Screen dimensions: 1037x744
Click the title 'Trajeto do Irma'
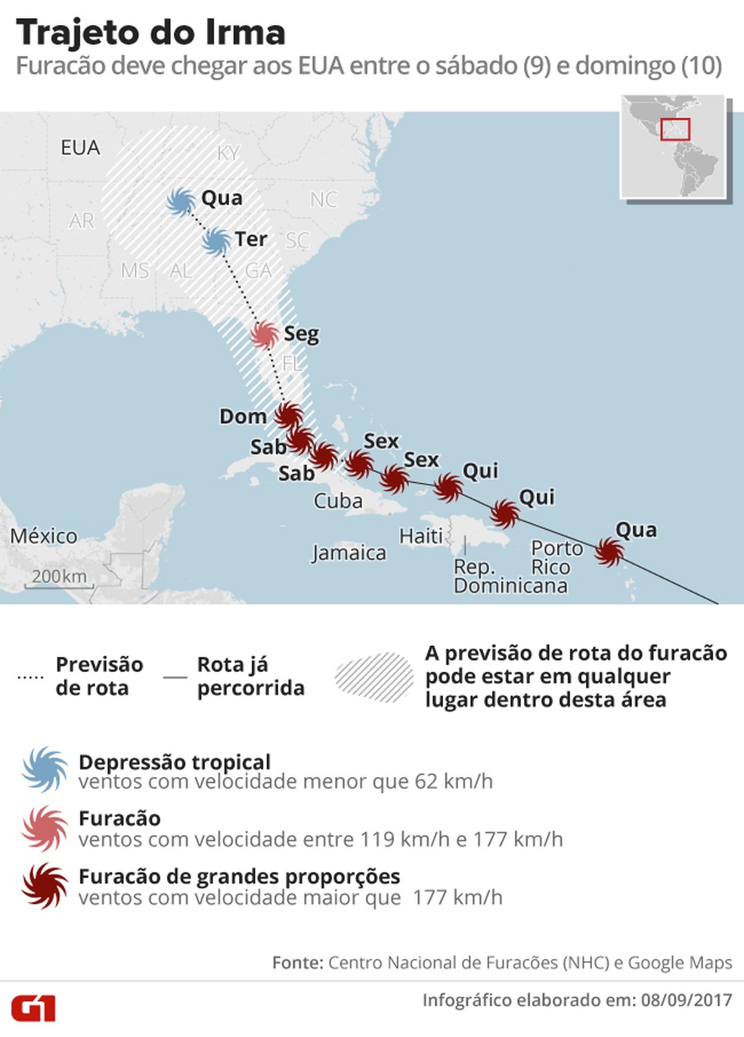(x=150, y=33)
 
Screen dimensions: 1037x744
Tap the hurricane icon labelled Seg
(x=265, y=334)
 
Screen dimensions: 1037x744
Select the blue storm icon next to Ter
(x=217, y=241)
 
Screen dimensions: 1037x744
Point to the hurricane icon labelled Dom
(x=288, y=415)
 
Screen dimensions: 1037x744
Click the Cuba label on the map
(x=338, y=501)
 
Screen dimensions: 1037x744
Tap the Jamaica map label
(x=349, y=553)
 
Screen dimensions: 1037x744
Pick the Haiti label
(x=421, y=536)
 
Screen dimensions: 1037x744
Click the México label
(x=44, y=536)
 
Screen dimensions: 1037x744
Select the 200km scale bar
(x=59, y=580)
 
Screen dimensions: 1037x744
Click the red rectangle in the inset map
(x=675, y=129)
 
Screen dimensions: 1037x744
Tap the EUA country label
(x=80, y=147)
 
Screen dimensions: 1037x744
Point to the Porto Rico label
(x=556, y=557)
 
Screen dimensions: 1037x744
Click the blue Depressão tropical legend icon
(x=45, y=769)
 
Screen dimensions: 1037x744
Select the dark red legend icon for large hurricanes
(x=45, y=885)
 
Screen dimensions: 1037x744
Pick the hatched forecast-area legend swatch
(x=374, y=677)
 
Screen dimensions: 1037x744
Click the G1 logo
(x=33, y=1008)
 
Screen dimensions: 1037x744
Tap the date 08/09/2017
(x=687, y=1000)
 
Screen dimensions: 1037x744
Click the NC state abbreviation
(x=324, y=200)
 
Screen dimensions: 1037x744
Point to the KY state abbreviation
(x=228, y=153)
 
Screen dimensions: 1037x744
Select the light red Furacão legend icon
(x=45, y=828)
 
